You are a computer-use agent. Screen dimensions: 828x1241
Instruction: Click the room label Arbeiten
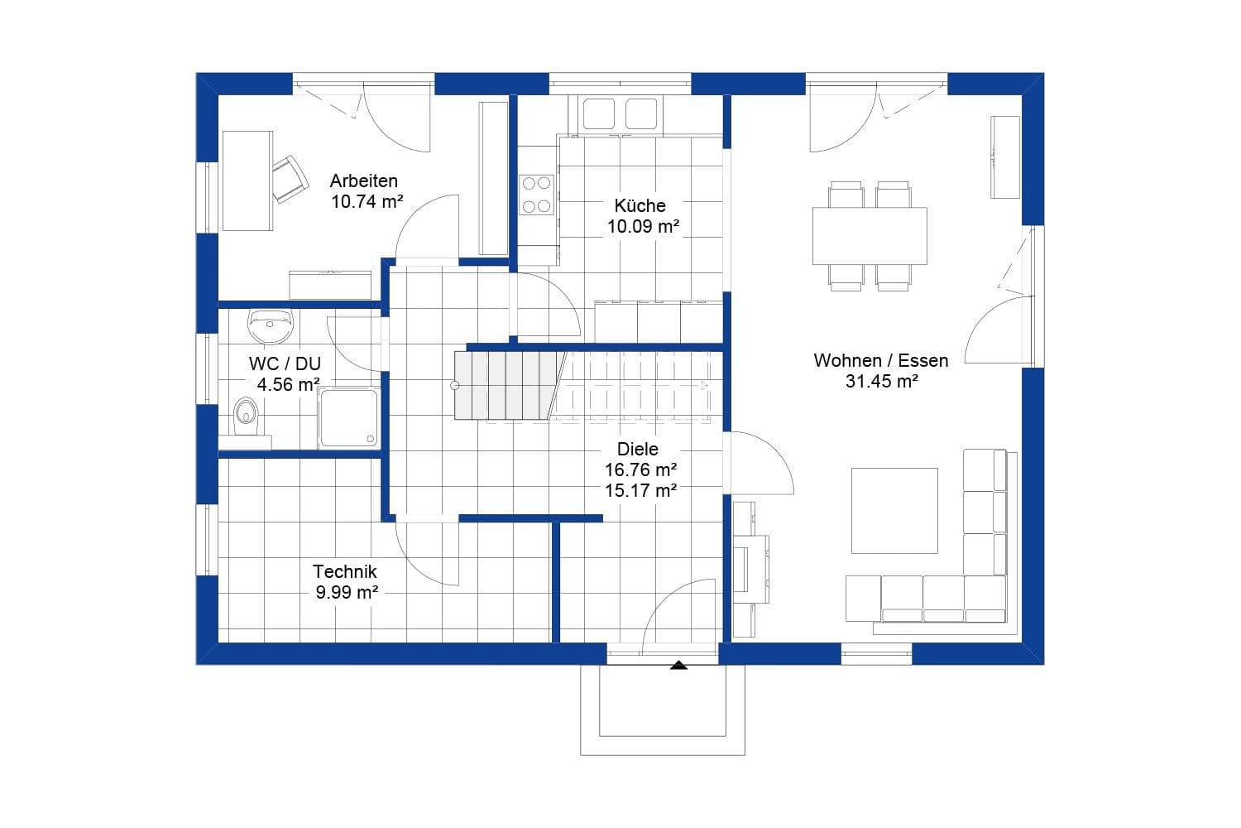(363, 181)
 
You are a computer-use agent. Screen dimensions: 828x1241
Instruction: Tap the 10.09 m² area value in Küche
(643, 226)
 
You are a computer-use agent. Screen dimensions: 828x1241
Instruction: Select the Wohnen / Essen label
(880, 360)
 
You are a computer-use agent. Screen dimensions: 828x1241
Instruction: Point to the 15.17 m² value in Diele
(640, 490)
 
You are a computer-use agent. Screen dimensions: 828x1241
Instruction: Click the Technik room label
(344, 571)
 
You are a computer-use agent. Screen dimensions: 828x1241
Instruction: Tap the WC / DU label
(285, 363)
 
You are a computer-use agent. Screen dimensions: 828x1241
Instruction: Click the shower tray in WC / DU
(349, 418)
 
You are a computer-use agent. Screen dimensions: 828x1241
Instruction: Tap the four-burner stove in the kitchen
(536, 195)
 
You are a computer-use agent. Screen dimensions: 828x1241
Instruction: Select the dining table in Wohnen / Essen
(870, 236)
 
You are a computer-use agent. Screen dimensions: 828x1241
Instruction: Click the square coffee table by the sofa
(894, 510)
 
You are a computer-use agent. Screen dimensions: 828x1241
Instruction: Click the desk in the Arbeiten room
(247, 181)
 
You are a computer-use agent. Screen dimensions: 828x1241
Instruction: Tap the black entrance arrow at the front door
(679, 664)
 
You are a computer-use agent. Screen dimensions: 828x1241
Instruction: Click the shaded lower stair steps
(505, 385)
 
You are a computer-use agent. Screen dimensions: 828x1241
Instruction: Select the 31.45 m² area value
(881, 381)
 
